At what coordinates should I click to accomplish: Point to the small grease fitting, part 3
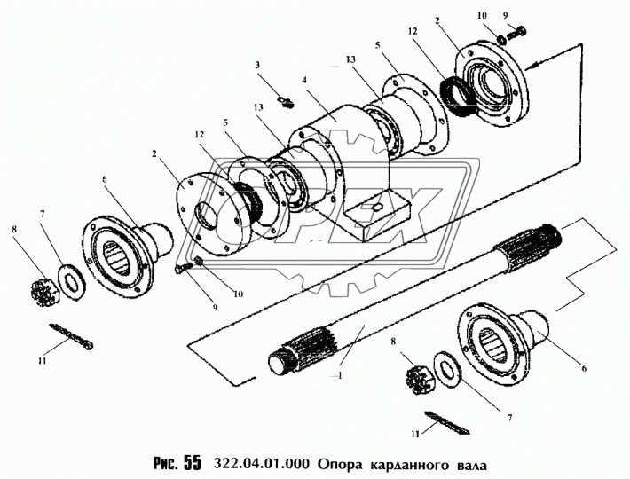click(283, 102)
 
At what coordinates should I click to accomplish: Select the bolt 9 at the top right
click(521, 34)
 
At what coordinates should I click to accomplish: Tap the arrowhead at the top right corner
click(530, 67)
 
